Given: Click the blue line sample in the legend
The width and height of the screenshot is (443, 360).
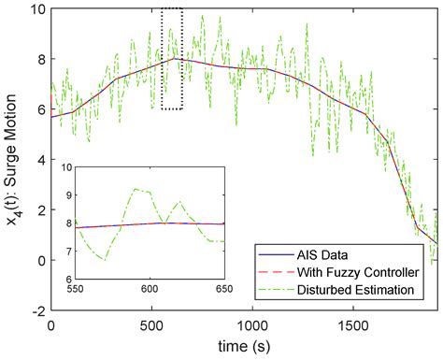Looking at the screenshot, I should click(x=277, y=252).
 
